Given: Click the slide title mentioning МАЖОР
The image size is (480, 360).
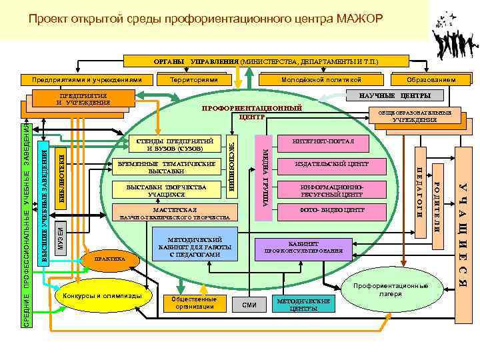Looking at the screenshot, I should [x=205, y=17].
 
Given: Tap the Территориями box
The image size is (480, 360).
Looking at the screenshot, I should [x=194, y=79].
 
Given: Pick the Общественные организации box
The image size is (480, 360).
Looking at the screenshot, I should [x=193, y=303].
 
